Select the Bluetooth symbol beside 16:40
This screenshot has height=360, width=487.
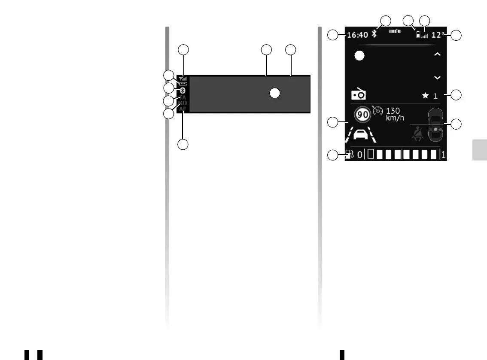click(x=374, y=34)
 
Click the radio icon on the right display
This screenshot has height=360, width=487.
click(x=358, y=94)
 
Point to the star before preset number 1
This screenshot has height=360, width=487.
click(x=425, y=95)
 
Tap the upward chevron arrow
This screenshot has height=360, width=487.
click(x=437, y=54)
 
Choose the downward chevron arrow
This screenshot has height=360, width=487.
click(x=437, y=78)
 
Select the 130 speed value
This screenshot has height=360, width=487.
click(x=393, y=111)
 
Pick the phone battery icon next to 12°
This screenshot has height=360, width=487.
click(x=418, y=35)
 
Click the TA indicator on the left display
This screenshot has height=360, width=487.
click(x=183, y=97)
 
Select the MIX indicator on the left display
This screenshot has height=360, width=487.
click(x=183, y=103)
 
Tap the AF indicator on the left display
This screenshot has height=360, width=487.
click(x=183, y=109)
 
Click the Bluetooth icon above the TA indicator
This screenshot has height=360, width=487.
click(x=183, y=91)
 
